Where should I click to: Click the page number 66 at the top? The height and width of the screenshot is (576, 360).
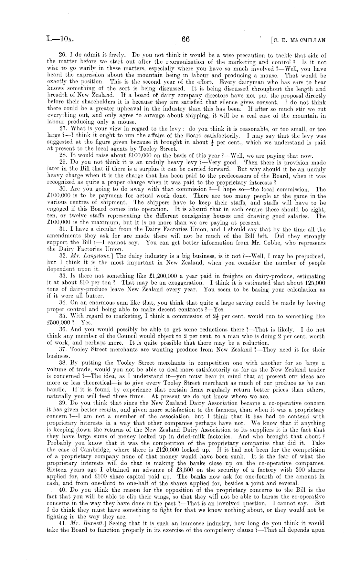185,39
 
